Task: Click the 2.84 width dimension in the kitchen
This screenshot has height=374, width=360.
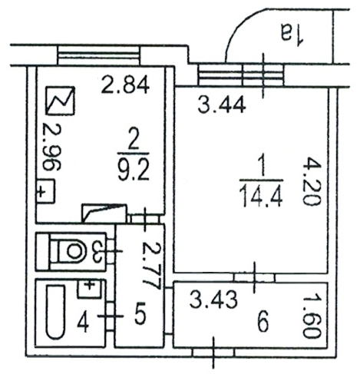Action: [x=125, y=85]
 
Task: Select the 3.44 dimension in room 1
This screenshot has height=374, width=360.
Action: [x=222, y=106]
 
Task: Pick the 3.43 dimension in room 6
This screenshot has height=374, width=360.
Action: [x=213, y=300]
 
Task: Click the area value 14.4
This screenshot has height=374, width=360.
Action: [x=261, y=196]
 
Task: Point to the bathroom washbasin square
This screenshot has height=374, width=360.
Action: [x=89, y=289]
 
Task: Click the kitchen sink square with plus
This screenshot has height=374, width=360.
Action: [x=45, y=192]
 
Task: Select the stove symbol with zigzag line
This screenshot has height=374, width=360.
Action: [x=61, y=100]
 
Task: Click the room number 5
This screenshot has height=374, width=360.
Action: [x=140, y=313]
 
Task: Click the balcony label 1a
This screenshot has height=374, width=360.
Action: [x=292, y=33]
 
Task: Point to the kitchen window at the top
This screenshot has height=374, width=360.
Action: [x=99, y=55]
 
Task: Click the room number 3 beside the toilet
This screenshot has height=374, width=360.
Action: [x=98, y=251]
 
